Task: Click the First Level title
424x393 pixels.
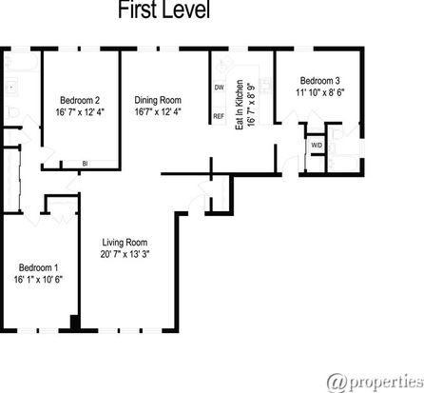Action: (x=164, y=10)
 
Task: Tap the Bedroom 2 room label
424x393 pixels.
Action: (x=80, y=100)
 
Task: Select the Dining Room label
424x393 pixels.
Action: (x=158, y=100)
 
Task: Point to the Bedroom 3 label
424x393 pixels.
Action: (x=320, y=81)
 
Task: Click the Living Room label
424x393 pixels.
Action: (x=125, y=243)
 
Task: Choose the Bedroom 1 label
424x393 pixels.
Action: (x=38, y=267)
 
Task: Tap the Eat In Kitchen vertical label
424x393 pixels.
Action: (x=240, y=105)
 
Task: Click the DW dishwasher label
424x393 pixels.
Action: (x=220, y=88)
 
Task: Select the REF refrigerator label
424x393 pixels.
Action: (x=219, y=116)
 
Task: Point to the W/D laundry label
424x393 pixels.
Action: (x=317, y=146)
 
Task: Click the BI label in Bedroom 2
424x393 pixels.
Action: (x=85, y=164)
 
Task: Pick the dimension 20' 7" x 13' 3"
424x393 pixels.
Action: (x=125, y=254)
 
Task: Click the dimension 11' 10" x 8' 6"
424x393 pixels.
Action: (x=320, y=92)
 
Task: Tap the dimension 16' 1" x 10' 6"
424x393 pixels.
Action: (x=38, y=280)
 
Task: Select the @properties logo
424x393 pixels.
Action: (x=376, y=383)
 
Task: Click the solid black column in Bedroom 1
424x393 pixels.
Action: (x=75, y=323)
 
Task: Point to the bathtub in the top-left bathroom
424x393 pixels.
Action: (x=22, y=62)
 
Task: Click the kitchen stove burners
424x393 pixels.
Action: (x=264, y=85)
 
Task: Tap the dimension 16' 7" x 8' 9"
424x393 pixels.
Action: (x=251, y=105)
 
